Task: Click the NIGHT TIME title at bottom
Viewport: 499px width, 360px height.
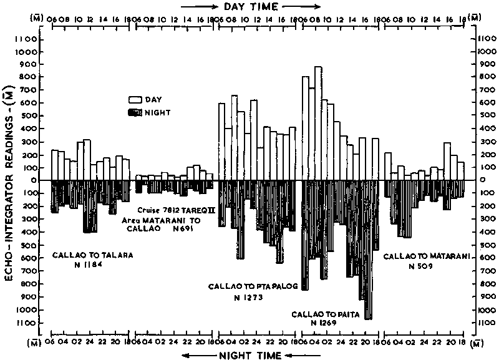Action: point(249,355)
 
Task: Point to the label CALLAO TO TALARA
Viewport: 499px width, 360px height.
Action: point(92,255)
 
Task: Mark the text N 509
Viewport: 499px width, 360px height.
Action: point(421,266)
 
